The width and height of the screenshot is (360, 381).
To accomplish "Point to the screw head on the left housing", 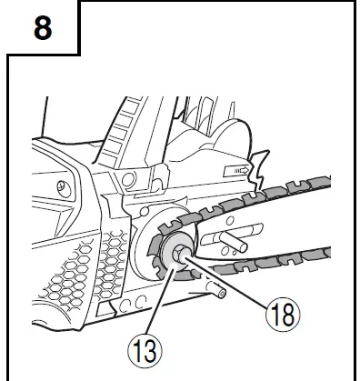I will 61,188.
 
